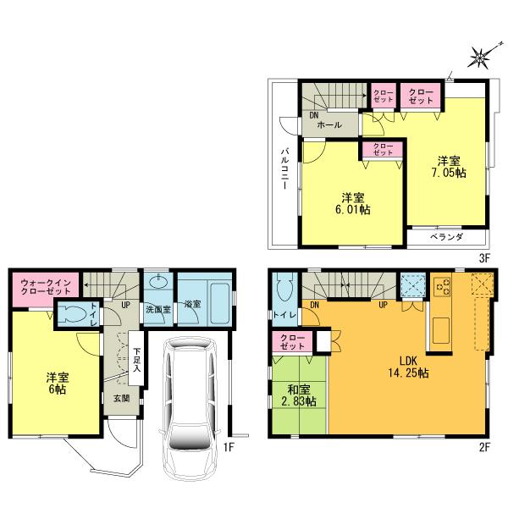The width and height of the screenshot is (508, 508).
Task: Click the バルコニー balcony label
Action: coord(285,168)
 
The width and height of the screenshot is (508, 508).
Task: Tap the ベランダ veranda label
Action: coord(445,238)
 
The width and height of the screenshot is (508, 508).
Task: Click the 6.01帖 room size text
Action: coord(355,208)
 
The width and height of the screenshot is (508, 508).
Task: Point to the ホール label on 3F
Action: coord(329,124)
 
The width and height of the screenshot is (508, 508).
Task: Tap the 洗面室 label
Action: coord(157,308)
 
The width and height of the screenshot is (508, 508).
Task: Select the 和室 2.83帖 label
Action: coord(298,395)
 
